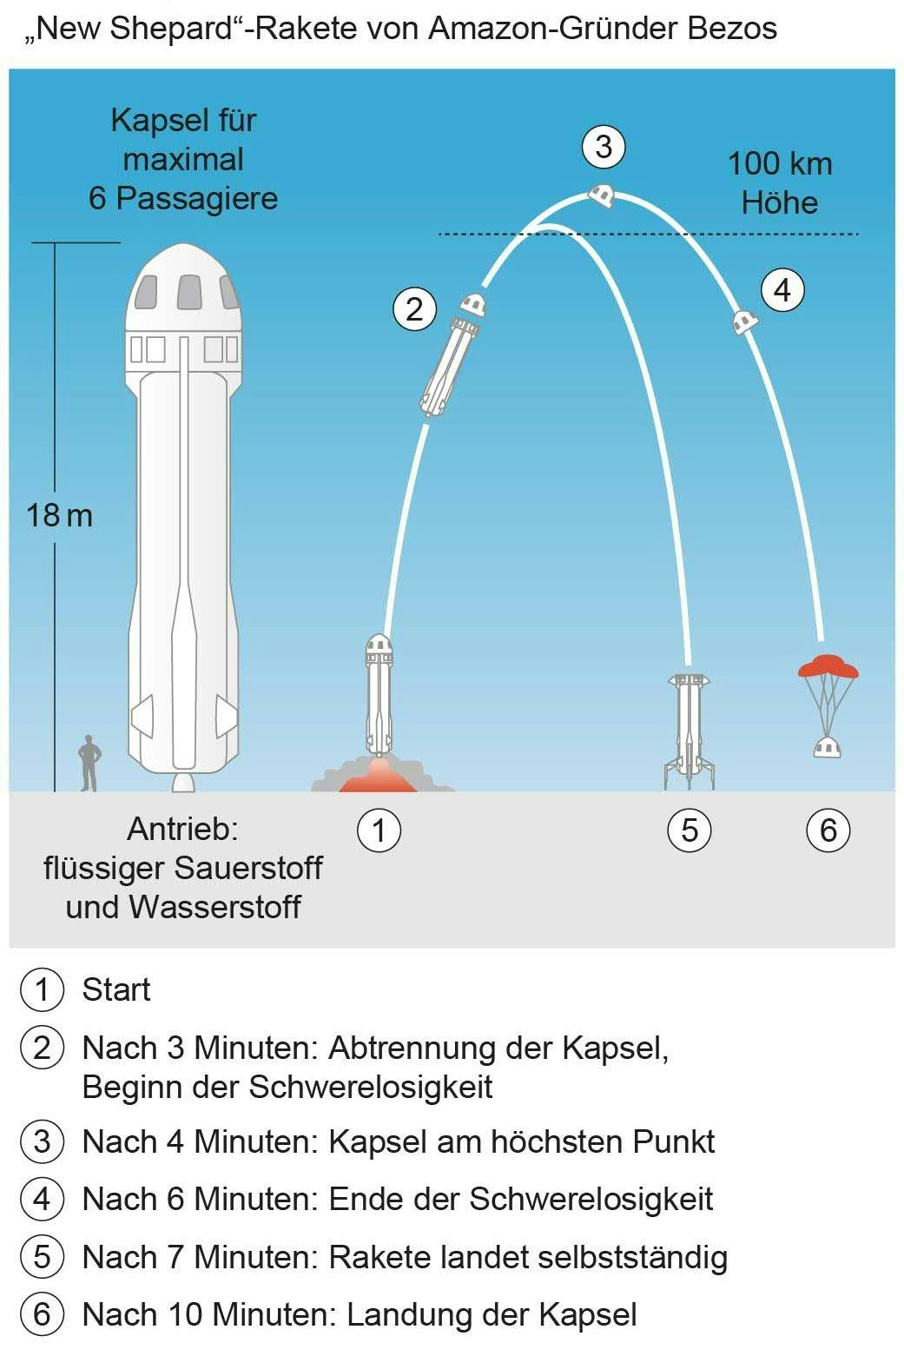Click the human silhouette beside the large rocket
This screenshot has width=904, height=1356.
click(89, 763)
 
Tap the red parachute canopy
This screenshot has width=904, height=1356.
click(828, 666)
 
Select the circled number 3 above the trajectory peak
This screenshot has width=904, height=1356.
click(604, 147)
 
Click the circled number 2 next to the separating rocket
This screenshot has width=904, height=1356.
click(414, 309)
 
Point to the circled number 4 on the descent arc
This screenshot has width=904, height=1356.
click(782, 290)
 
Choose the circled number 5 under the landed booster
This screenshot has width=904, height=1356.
click(690, 830)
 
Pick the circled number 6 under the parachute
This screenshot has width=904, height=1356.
click(828, 830)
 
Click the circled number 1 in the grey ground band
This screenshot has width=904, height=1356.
click(379, 830)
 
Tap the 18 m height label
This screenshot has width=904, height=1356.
click(59, 516)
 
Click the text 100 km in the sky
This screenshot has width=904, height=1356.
click(780, 163)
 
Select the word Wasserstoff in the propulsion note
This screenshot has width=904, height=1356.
click(214, 907)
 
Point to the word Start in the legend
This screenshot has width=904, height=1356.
click(116, 989)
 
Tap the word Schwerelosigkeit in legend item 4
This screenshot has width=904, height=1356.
click(591, 1199)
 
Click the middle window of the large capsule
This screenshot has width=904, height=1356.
click(189, 292)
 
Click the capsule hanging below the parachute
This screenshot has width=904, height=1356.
click(828, 747)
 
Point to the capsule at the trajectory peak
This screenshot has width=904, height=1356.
click(602, 195)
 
